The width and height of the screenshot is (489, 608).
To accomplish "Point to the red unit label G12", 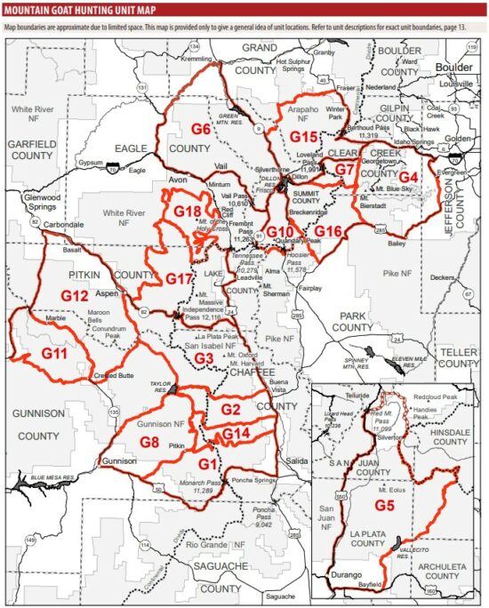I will pos(76,293).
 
